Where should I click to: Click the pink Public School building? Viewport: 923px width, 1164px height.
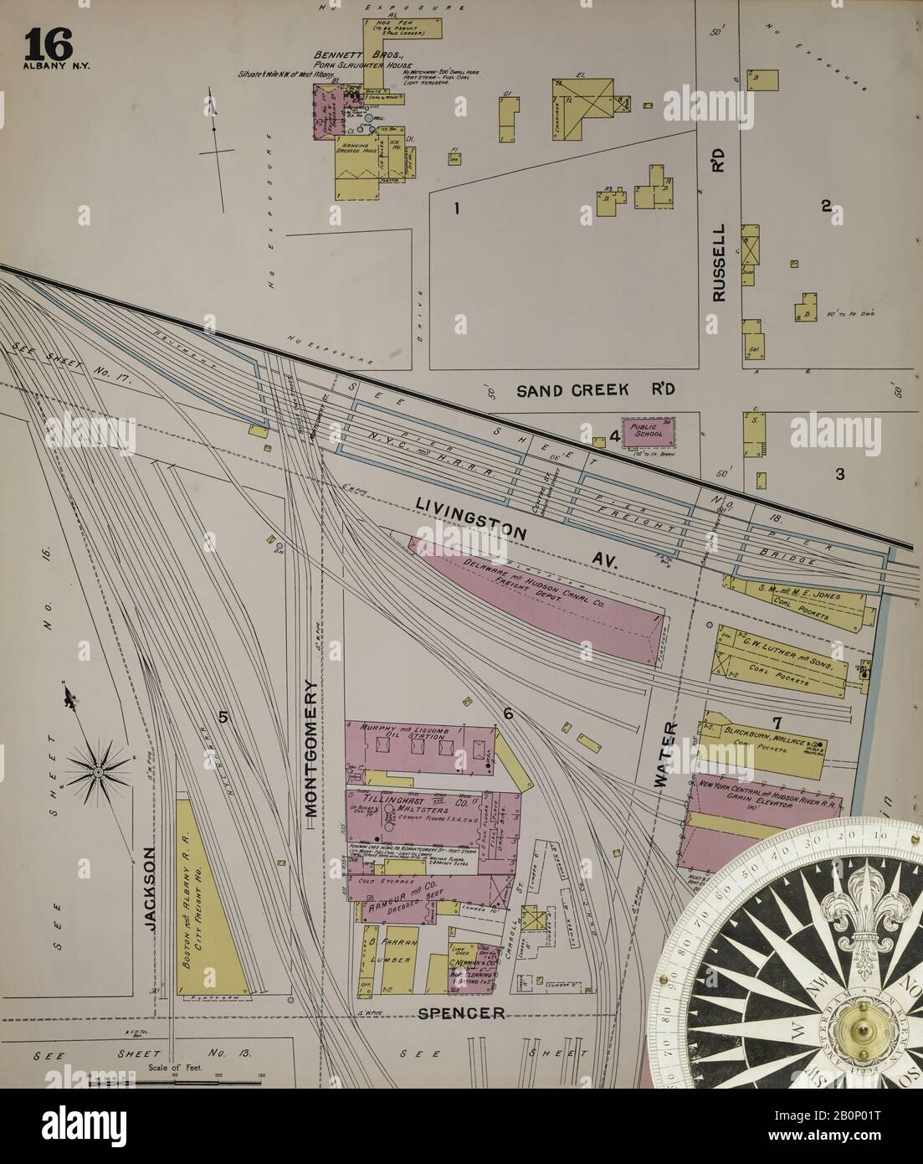point(648,429)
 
